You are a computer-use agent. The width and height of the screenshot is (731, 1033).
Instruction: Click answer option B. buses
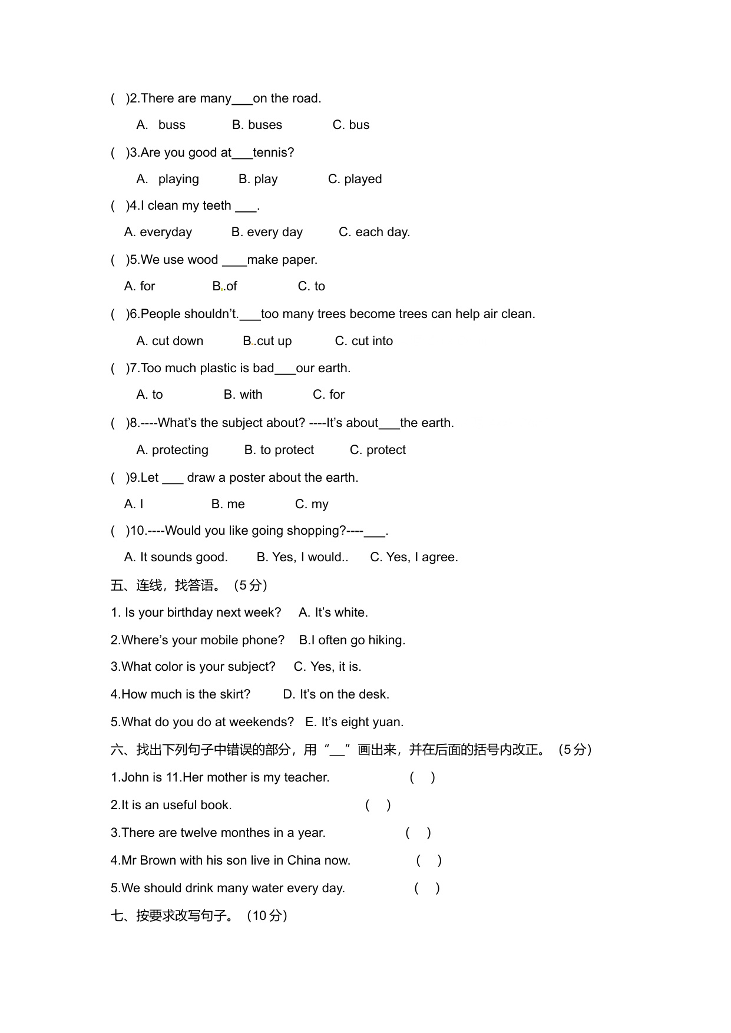tap(257, 125)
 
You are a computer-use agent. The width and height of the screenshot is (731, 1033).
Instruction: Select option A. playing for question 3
tap(168, 179)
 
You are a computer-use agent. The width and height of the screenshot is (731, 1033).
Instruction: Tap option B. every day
tap(267, 232)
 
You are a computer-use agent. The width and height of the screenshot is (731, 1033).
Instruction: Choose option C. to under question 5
tap(311, 286)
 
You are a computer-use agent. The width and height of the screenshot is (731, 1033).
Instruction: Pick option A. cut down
tap(170, 341)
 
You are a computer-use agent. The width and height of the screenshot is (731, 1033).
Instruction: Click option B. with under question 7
tap(243, 395)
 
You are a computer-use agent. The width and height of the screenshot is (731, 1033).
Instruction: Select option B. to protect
tap(279, 450)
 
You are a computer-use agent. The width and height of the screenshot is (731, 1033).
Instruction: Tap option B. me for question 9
tap(228, 504)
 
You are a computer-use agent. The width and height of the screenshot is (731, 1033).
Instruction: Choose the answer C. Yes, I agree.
tap(414, 557)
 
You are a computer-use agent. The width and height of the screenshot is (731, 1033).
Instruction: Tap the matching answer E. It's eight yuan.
tap(354, 722)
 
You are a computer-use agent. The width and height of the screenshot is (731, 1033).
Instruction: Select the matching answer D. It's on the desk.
tap(336, 694)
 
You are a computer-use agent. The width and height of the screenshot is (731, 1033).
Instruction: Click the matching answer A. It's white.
tap(333, 612)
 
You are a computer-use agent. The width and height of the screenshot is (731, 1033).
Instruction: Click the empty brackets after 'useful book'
tap(378, 805)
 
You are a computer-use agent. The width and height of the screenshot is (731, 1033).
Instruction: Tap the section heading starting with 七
tap(199, 916)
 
